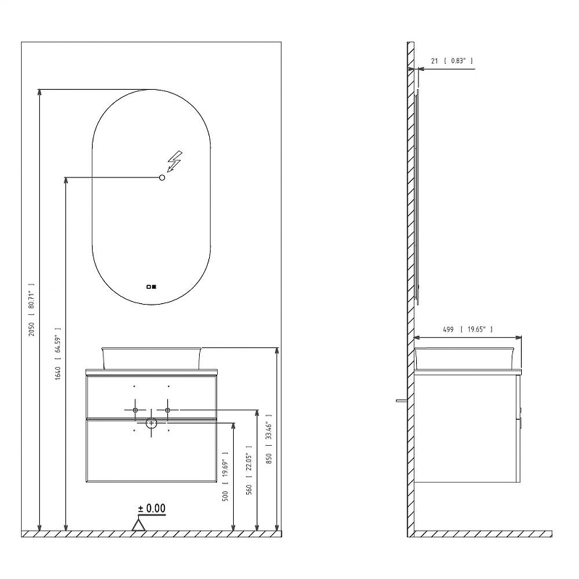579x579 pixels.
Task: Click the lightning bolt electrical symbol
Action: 174,161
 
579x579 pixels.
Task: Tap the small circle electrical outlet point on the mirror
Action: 161,177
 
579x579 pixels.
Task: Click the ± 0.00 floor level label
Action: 152,509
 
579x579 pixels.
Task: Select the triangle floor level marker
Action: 138,525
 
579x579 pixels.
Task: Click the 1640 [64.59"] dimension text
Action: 58,354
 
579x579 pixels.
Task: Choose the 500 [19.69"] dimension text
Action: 225,476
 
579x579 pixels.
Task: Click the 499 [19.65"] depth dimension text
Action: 468,329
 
